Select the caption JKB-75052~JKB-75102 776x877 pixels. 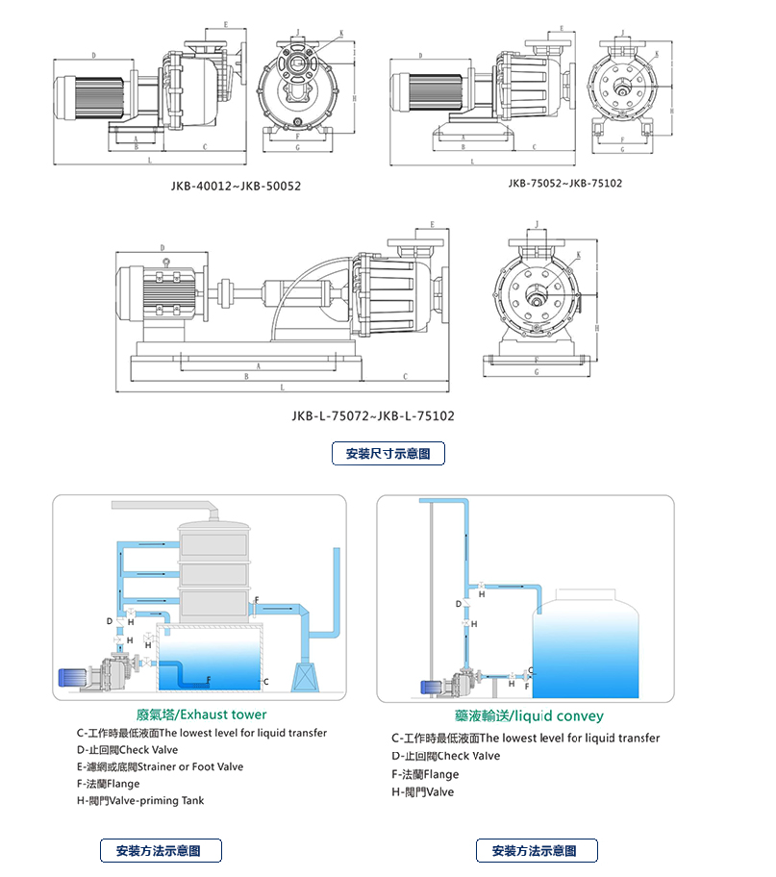(x=565, y=183)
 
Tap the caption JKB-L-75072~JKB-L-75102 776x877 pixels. (x=372, y=416)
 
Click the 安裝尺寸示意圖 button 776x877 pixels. (x=388, y=453)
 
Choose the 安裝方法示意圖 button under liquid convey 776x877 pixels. (x=537, y=850)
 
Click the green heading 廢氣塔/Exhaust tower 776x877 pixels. (x=202, y=714)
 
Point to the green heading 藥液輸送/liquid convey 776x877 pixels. (x=529, y=715)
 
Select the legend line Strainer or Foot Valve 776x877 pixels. (x=160, y=766)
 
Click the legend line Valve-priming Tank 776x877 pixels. (x=140, y=800)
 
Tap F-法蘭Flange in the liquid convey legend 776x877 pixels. (x=425, y=774)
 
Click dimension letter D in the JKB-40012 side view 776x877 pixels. (x=93, y=55)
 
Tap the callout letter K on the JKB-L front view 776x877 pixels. (x=579, y=255)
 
